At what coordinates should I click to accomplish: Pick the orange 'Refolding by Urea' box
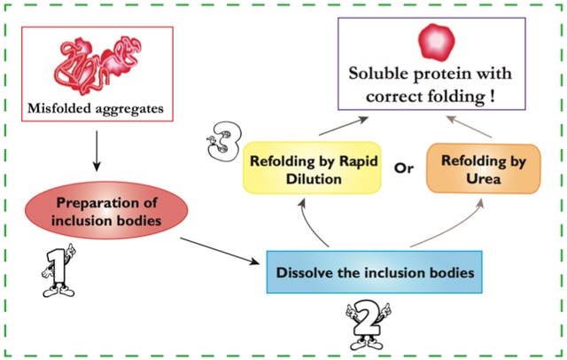pos(481,168)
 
